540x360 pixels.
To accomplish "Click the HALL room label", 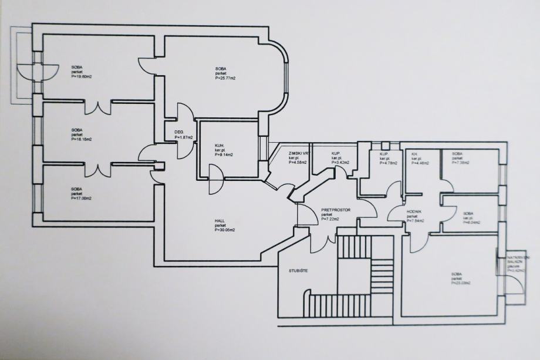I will coord(220,221).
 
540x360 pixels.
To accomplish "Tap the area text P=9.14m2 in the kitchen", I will coord(225,154).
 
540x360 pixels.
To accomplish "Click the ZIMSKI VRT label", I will coord(299,153).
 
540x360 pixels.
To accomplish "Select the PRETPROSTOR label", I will coord(336,209).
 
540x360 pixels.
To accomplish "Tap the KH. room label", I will coord(414,153).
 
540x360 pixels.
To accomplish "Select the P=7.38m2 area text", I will coord(462,163).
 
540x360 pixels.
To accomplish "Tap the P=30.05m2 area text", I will coord(225,230).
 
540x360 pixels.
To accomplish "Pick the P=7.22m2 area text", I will coord(331,219).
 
